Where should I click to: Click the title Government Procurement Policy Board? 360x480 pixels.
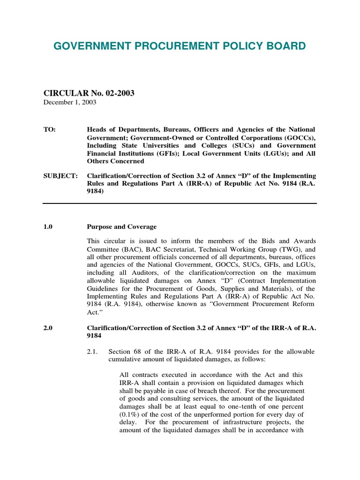click(180, 45)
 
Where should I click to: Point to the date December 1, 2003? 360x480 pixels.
click(70, 102)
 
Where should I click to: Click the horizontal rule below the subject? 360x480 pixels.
click(180, 203)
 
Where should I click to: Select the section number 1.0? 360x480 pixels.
click(48, 226)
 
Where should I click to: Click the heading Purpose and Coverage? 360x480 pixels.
click(122, 226)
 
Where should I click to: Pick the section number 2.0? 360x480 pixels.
click(48, 328)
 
